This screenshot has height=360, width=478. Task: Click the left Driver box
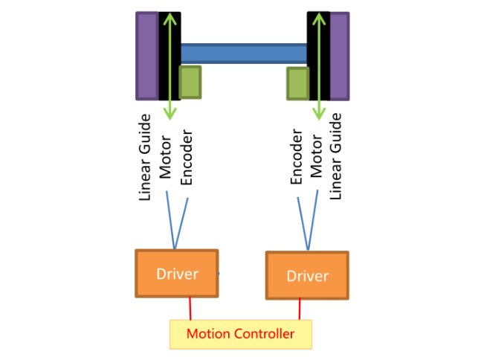(177, 274)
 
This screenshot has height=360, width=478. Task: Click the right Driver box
(307, 276)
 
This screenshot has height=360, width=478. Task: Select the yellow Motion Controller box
(240, 334)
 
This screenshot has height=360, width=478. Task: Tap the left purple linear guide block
(146, 56)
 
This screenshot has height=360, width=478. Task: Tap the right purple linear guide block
(339, 56)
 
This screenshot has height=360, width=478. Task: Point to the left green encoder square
(190, 82)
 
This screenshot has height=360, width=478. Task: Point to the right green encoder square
(297, 83)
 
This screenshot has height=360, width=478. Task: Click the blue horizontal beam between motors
(243, 53)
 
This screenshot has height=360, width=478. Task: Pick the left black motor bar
(164, 56)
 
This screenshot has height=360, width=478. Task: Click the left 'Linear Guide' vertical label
(146, 157)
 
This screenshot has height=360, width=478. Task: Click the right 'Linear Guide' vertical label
(335, 156)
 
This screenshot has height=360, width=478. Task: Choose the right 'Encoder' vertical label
(296, 156)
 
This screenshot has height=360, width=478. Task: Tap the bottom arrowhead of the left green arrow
(170, 113)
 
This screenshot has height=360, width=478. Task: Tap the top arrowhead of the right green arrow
(320, 19)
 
